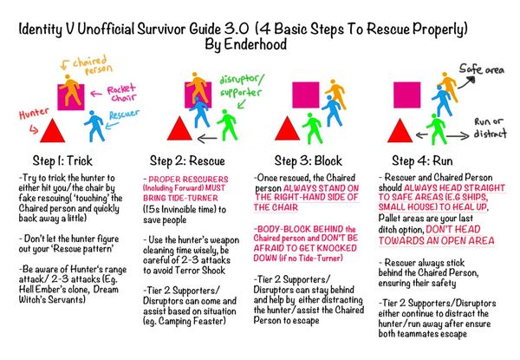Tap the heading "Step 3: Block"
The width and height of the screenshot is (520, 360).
click(x=309, y=160)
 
